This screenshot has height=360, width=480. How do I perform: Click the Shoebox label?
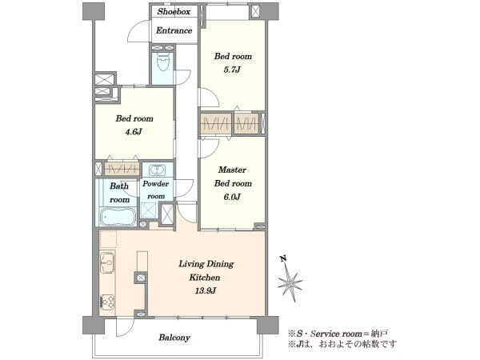click(174, 12)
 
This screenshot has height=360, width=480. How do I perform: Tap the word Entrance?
click(174, 30)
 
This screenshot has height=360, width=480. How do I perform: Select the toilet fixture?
click(163, 62)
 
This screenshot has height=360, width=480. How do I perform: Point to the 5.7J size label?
click(232, 70)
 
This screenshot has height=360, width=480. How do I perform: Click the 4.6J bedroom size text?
click(134, 132)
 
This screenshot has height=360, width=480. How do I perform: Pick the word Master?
click(232, 170)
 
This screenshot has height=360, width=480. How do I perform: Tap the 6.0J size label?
click(232, 197)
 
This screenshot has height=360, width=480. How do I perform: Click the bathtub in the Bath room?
click(118, 217)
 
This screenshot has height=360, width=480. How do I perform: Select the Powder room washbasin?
click(158, 170)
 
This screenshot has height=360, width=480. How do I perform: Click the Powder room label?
click(155, 190)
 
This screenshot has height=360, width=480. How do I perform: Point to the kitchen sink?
click(107, 262)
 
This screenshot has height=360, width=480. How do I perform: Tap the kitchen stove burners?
click(107, 302)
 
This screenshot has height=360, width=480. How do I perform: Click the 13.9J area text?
click(206, 290)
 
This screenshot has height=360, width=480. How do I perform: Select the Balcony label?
click(174, 338)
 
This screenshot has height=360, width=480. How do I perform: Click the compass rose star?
click(290, 282)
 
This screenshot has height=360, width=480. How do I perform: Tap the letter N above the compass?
click(283, 258)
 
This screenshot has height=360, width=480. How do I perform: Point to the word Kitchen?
click(205, 278)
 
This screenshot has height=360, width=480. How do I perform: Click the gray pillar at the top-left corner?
click(94, 11)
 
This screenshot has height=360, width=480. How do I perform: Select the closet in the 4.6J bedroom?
click(122, 169)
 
